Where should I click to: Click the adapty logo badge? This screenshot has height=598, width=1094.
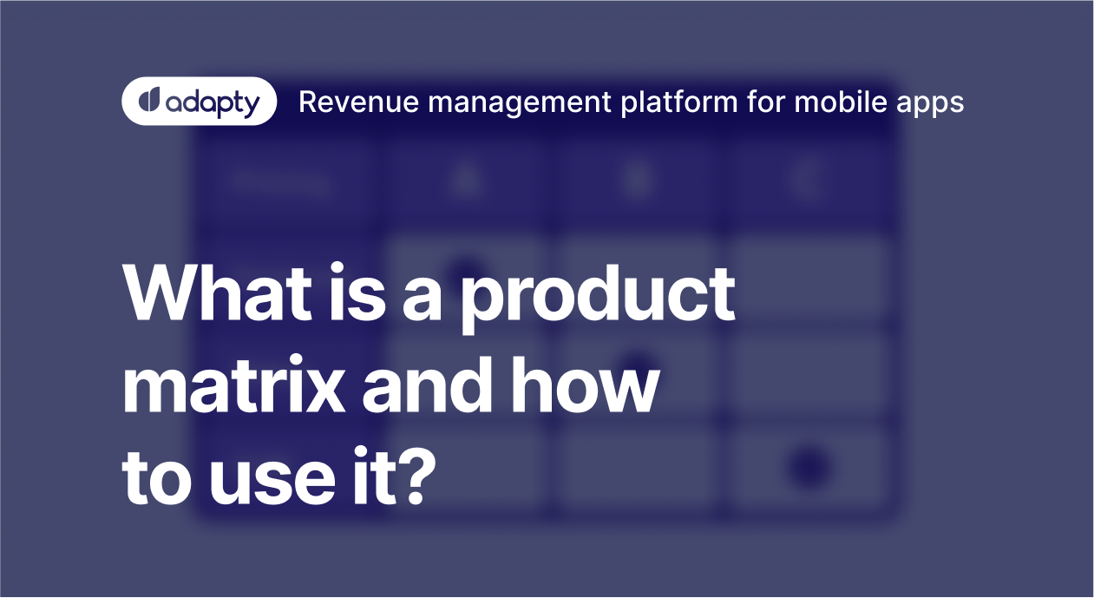click(200, 102)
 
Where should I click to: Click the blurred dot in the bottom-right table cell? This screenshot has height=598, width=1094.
click(809, 466)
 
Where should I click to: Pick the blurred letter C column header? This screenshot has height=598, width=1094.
click(809, 181)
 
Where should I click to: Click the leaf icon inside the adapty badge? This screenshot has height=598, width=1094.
click(149, 102)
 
